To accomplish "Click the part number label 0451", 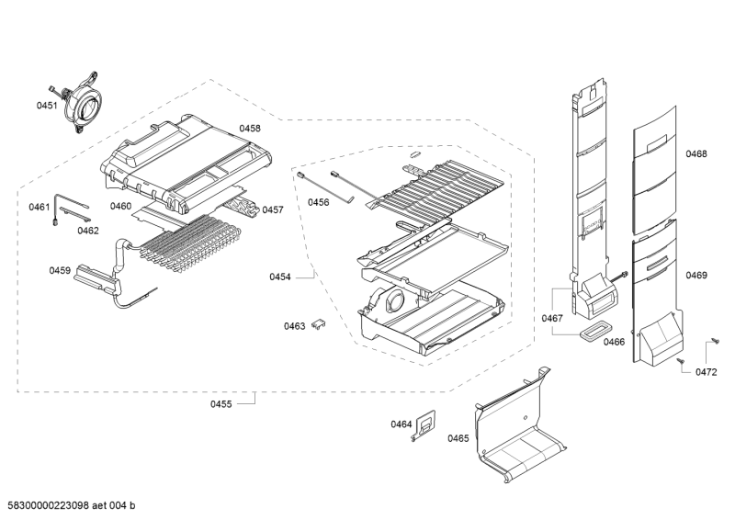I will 47,107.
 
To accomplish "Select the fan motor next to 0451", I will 85,103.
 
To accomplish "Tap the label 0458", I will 250,129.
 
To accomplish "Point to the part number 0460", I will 120,206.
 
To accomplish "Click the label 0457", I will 273,210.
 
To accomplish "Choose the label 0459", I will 60,270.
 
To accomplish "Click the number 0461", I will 39,207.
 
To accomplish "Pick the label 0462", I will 88,231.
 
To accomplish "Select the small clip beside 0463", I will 321,323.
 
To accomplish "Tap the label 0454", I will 280,277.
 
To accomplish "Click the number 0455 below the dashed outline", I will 220,402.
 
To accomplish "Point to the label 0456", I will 318,201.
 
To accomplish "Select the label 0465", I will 458,438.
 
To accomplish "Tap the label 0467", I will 552,319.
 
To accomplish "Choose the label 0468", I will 696,154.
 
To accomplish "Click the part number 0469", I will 696,275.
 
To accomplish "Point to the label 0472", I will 706,372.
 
